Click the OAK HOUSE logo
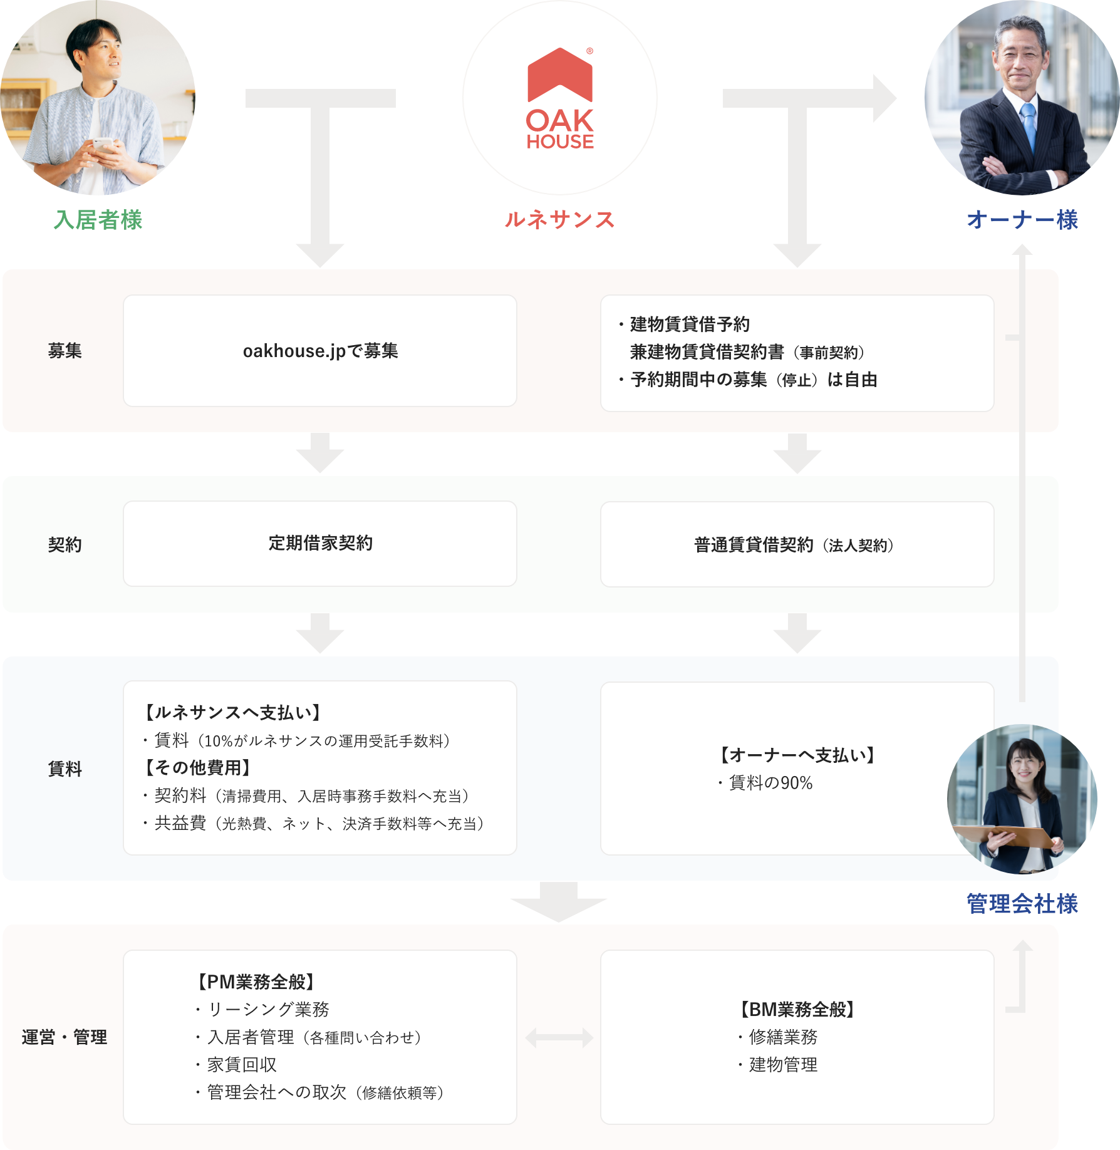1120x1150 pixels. (560, 99)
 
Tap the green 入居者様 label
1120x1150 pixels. (98, 220)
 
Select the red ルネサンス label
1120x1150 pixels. (559, 220)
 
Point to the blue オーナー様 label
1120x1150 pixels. (1022, 220)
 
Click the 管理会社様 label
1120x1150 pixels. (1022, 903)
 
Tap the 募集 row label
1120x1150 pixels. (65, 351)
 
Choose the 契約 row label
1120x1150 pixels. (65, 544)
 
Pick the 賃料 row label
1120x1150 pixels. (65, 769)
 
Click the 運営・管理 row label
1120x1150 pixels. (65, 1037)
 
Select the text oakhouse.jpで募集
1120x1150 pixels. (320, 351)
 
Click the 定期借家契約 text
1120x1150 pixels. (320, 543)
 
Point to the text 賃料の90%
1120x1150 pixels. (770, 783)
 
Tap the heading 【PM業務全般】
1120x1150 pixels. (256, 982)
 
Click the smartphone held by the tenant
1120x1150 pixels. (102, 145)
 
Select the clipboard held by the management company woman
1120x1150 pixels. (1002, 836)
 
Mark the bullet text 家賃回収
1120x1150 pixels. (242, 1065)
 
